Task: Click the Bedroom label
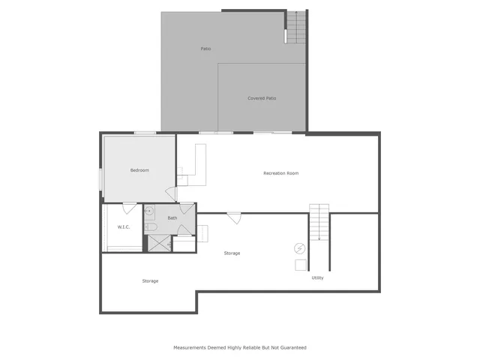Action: pyautogui.click(x=139, y=170)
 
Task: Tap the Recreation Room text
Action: pyautogui.click(x=281, y=173)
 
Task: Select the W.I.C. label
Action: pyautogui.click(x=124, y=226)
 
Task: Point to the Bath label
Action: pyautogui.click(x=172, y=218)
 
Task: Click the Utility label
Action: pyautogui.click(x=318, y=277)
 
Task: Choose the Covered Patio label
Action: pyautogui.click(x=262, y=98)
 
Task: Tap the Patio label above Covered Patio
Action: pyautogui.click(x=205, y=49)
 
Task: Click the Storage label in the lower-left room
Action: pyautogui.click(x=150, y=281)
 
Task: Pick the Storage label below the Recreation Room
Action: pyautogui.click(x=232, y=253)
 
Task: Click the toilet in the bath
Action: pyautogui.click(x=150, y=226)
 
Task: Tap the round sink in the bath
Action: pyautogui.click(x=148, y=211)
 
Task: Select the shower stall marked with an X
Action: pyautogui.click(x=157, y=242)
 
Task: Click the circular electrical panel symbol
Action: pyautogui.click(x=300, y=247)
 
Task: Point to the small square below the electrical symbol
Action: pyautogui.click(x=300, y=265)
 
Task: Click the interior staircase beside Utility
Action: pyautogui.click(x=319, y=222)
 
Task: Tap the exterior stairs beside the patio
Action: pyautogui.click(x=296, y=28)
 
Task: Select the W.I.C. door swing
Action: pyautogui.click(x=130, y=208)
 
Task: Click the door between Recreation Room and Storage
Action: pyautogui.click(x=234, y=218)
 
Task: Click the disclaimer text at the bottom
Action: pyautogui.click(x=240, y=347)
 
